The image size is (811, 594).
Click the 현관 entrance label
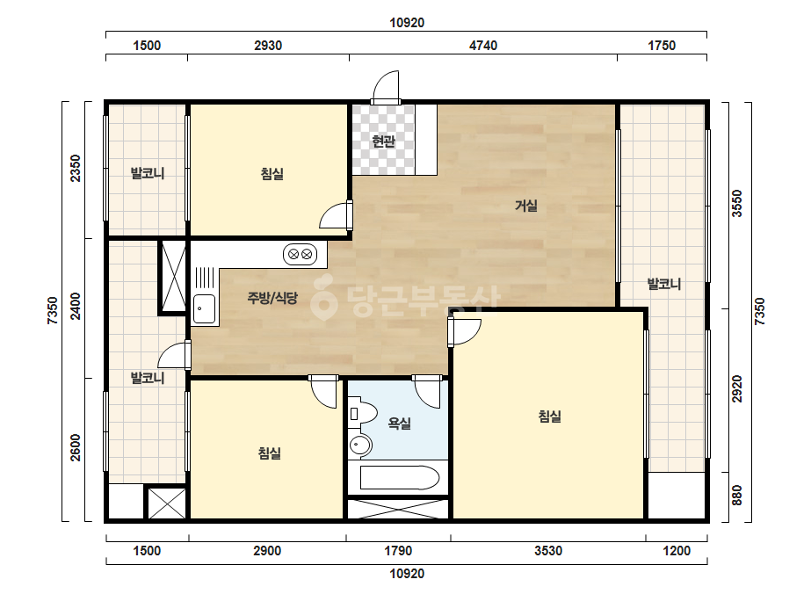pyautogui.click(x=383, y=141)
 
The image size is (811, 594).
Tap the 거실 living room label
pyautogui.click(x=526, y=206)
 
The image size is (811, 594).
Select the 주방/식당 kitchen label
pyautogui.click(x=272, y=298)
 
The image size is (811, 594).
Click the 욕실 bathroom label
pyautogui.click(x=399, y=424)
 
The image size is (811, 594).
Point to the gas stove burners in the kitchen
pyautogui.click(x=300, y=254)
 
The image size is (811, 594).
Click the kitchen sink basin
pyautogui.click(x=205, y=309)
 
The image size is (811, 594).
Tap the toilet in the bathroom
pyautogui.click(x=362, y=413)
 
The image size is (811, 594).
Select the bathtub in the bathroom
pyautogui.click(x=400, y=478)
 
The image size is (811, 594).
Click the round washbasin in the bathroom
pyautogui.click(x=360, y=445)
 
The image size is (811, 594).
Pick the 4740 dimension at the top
pyautogui.click(x=483, y=46)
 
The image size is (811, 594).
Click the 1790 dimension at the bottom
pyautogui.click(x=398, y=551)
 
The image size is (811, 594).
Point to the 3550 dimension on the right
pyautogui.click(x=737, y=203)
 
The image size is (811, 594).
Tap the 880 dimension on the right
pyautogui.click(x=737, y=496)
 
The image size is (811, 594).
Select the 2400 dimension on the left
pyautogui.click(x=76, y=307)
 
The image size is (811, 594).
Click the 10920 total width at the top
pyautogui.click(x=407, y=23)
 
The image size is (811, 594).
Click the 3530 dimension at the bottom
pyautogui.click(x=548, y=551)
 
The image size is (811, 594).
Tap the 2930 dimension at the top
pyautogui.click(x=268, y=46)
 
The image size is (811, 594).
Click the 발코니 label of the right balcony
pyautogui.click(x=664, y=284)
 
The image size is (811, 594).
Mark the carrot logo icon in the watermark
pyautogui.click(x=323, y=298)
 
